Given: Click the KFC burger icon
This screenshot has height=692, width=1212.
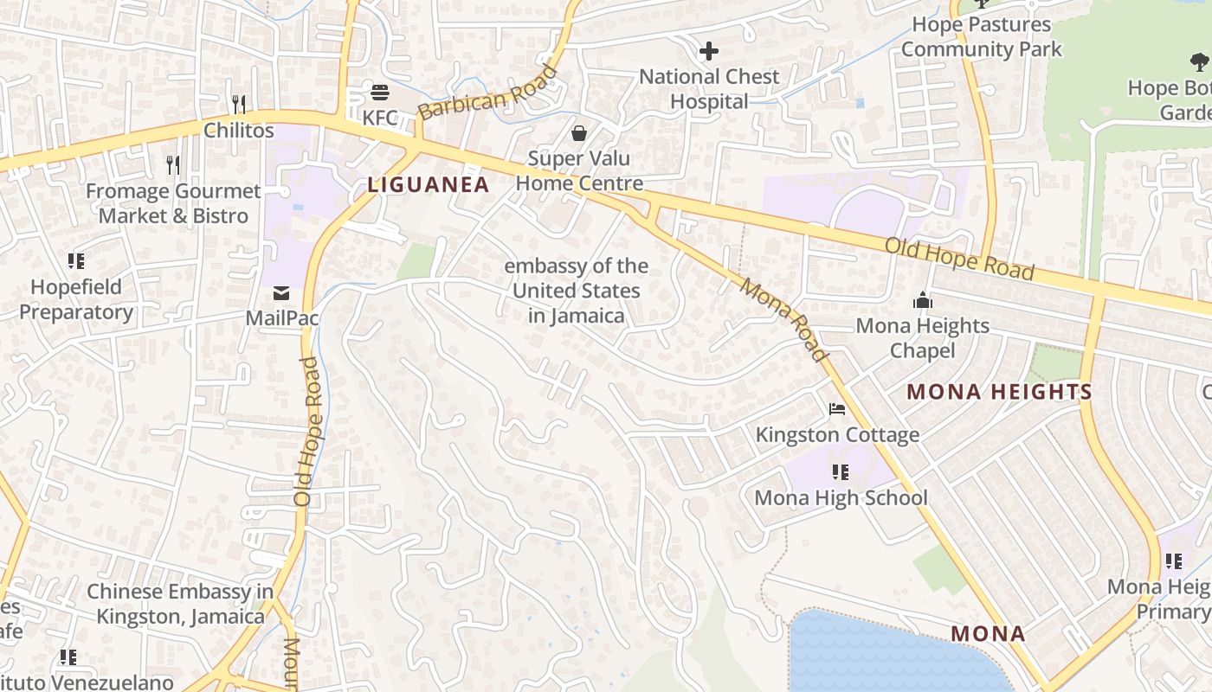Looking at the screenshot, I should tap(379, 92).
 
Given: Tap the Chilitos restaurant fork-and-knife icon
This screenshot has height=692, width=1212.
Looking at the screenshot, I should tap(239, 105).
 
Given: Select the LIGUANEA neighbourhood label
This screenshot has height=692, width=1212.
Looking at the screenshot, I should tap(429, 184).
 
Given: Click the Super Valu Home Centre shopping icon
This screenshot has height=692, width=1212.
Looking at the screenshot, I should tap(579, 132).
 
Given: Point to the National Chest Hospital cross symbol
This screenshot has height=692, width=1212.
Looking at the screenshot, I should tap(708, 51).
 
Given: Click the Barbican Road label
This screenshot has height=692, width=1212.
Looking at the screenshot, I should tap(487, 92).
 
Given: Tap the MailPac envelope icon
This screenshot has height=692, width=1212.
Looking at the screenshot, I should tap(281, 293).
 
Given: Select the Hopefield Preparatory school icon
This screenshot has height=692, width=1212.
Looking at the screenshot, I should tap(76, 260).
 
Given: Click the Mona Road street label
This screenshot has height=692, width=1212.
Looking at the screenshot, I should tap(783, 318).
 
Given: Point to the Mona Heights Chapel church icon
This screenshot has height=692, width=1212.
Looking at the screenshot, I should tap(922, 301).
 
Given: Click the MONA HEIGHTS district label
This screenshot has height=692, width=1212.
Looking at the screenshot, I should tap(999, 392).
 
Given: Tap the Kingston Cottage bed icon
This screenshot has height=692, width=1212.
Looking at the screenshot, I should tap(836, 409).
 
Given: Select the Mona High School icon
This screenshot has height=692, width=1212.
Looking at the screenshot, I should tap(840, 472).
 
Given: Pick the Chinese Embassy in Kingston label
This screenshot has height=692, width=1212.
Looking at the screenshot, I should tap(180, 604).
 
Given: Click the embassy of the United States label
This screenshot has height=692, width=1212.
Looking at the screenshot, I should tap(577, 291).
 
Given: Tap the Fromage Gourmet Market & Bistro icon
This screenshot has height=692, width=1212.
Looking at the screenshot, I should tap(173, 164).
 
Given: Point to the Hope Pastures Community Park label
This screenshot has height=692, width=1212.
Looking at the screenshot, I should tap(981, 37).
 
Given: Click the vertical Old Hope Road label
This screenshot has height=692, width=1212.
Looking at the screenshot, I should tap(307, 432).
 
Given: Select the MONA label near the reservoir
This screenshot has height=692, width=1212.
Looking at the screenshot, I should tap(988, 633).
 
